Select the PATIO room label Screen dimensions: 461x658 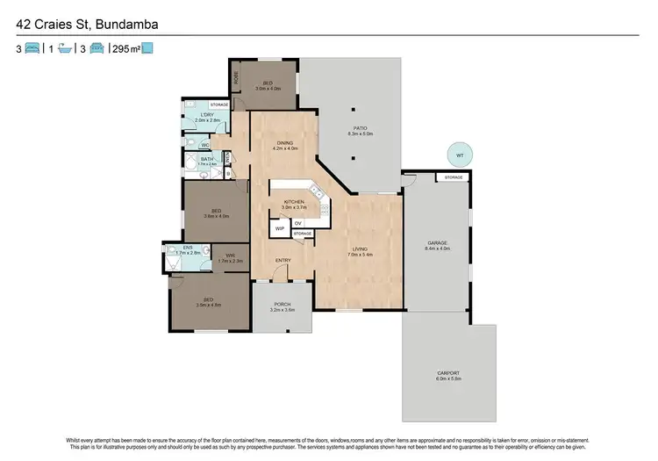pyautogui.click(x=353, y=128)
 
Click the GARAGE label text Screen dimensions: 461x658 pyautogui.click(x=437, y=242)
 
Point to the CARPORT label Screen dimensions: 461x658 pyautogui.click(x=448, y=373)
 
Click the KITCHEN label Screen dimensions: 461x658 pyautogui.click(x=294, y=202)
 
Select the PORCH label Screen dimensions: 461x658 pyautogui.click(x=282, y=304)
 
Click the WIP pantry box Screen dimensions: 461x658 pyautogui.click(x=280, y=227)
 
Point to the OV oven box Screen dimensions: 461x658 pyautogui.click(x=298, y=223)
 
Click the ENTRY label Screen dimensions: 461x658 pyautogui.click(x=283, y=260)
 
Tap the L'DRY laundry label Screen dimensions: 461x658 pyautogui.click(x=207, y=115)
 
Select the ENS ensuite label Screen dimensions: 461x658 pyautogui.click(x=188, y=248)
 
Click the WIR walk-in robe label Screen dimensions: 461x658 pyautogui.click(x=231, y=256)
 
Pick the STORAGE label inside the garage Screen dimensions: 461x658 pyautogui.click(x=453, y=178)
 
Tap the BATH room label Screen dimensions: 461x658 pyautogui.click(x=207, y=159)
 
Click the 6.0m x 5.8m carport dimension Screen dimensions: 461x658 pyautogui.click(x=448, y=379)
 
